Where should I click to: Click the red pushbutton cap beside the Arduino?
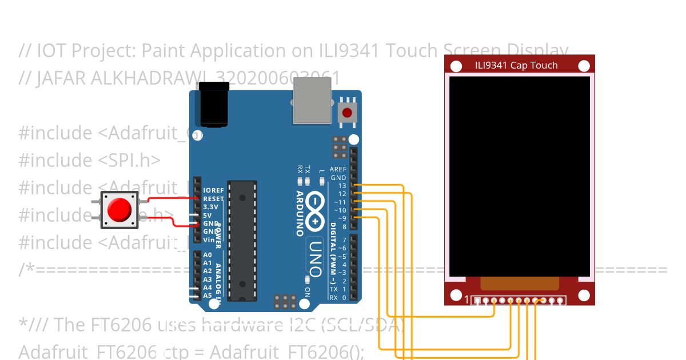click(120, 210)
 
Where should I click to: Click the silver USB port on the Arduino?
click(312, 101)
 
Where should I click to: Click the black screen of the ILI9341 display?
click(519, 176)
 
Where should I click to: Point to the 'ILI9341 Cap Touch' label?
click(516, 65)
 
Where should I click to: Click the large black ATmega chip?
click(242, 240)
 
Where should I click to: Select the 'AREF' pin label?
click(338, 170)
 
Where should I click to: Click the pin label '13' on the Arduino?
click(342, 186)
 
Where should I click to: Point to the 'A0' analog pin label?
click(208, 255)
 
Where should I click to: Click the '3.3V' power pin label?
click(211, 207)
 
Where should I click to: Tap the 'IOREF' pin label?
click(213, 190)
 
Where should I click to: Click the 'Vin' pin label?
click(209, 240)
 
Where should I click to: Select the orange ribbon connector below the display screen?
click(519, 283)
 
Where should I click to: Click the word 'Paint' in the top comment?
click(163, 51)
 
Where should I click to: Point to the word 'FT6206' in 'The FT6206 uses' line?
click(119, 325)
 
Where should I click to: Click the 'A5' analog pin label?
click(208, 295)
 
